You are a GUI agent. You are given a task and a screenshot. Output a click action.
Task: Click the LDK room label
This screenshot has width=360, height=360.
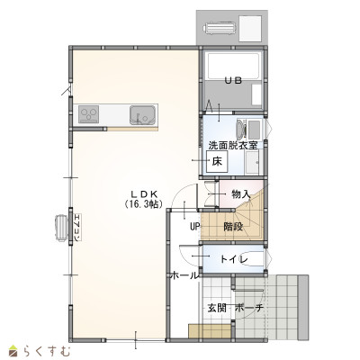coord(143,193)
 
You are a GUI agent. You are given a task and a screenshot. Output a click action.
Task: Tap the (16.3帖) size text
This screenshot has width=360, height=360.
coord(143,204)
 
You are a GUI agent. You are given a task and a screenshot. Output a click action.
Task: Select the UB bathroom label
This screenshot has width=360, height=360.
coord(233,80)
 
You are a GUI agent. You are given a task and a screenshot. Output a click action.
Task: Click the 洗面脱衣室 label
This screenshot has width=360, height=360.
coord(233,146)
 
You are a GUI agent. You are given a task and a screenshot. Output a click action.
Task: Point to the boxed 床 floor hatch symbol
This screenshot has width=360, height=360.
coord(217,161)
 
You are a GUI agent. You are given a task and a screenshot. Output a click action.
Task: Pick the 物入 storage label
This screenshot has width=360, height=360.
coord(241,194)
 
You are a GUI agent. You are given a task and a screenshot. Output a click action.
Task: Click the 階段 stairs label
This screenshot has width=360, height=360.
coord(233,227)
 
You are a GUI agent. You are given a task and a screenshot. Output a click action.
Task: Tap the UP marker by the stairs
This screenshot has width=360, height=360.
coord(194,227)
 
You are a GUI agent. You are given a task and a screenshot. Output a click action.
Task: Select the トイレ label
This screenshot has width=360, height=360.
coord(234,258)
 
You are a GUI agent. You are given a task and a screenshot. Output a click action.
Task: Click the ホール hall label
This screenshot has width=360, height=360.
coord(184,275)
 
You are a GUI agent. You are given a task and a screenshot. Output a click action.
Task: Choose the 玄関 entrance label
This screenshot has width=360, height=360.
coord(217,308)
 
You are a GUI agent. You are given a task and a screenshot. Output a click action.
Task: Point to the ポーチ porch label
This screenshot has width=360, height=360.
coord(249,308)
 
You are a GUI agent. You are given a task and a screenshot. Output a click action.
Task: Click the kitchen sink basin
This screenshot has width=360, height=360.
coord(142,115)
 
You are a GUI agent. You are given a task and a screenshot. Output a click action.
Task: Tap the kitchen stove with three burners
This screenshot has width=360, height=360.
coord(89,114)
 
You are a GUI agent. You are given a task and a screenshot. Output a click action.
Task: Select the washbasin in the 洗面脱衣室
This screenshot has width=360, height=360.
coord(241,129)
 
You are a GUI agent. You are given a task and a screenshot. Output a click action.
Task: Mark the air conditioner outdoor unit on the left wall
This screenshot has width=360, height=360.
coord(62,228)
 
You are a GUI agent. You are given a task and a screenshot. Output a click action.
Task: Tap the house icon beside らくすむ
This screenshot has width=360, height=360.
coord(13,351)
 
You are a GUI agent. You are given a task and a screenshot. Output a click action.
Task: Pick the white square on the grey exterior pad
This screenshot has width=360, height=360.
coord(250,28)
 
